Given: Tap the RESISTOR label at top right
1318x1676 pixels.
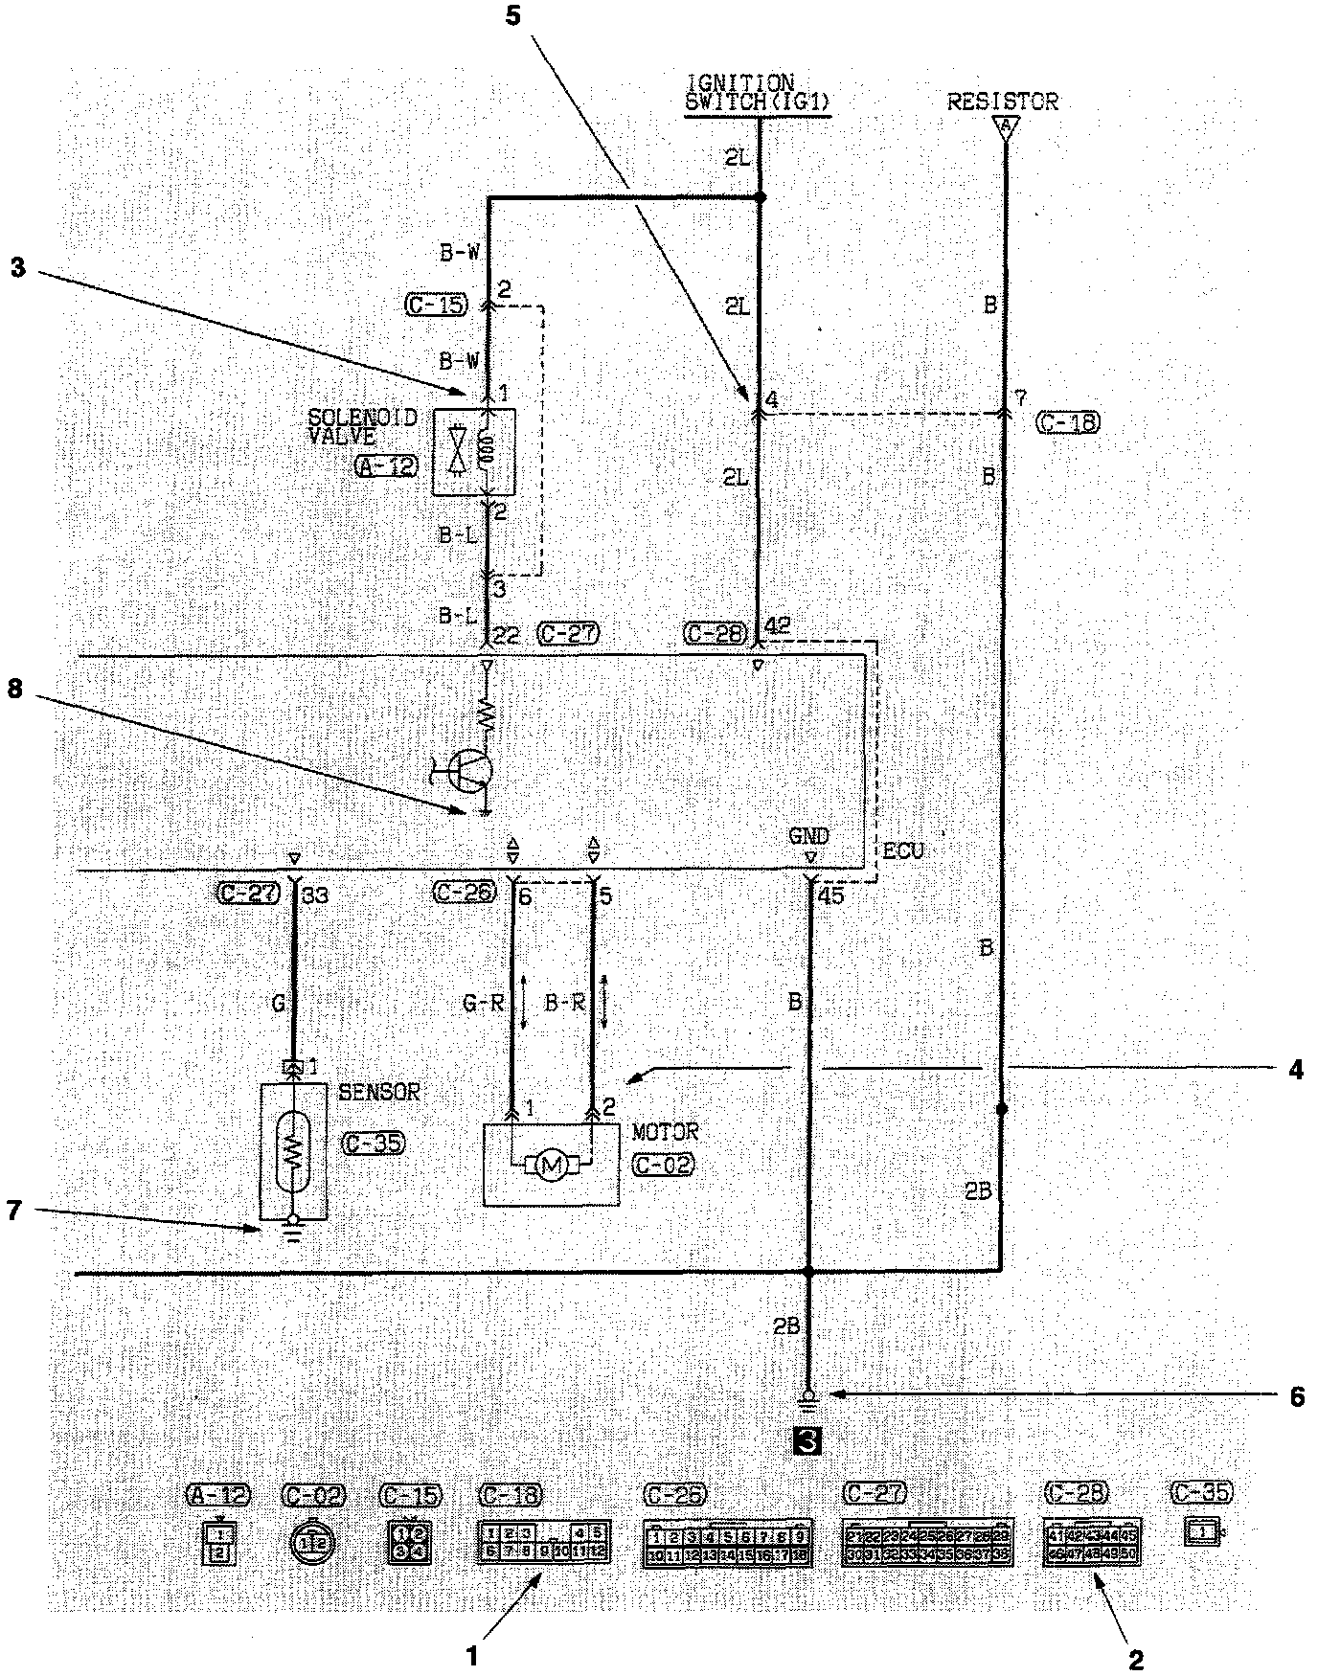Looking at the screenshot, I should click(1002, 102).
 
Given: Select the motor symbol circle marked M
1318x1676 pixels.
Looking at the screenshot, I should click(551, 1165).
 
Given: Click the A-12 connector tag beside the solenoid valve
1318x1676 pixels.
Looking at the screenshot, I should click(386, 466).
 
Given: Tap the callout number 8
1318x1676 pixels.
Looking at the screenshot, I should click(15, 691).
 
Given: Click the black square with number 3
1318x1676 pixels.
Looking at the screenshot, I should click(806, 1440).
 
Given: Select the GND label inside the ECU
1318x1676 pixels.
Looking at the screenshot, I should click(808, 836).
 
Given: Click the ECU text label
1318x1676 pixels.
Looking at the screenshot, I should click(903, 851).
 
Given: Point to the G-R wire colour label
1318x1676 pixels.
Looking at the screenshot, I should click(483, 1005).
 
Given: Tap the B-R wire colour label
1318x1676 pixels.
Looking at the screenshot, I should click(564, 1005).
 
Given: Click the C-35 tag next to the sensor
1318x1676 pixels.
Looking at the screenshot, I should click(373, 1143).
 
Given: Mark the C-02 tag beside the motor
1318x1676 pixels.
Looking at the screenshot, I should click(663, 1165).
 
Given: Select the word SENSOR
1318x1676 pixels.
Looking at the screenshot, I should click(378, 1092).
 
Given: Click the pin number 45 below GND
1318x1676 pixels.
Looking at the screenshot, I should click(832, 896).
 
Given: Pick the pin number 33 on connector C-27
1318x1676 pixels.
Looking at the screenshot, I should click(315, 896).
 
